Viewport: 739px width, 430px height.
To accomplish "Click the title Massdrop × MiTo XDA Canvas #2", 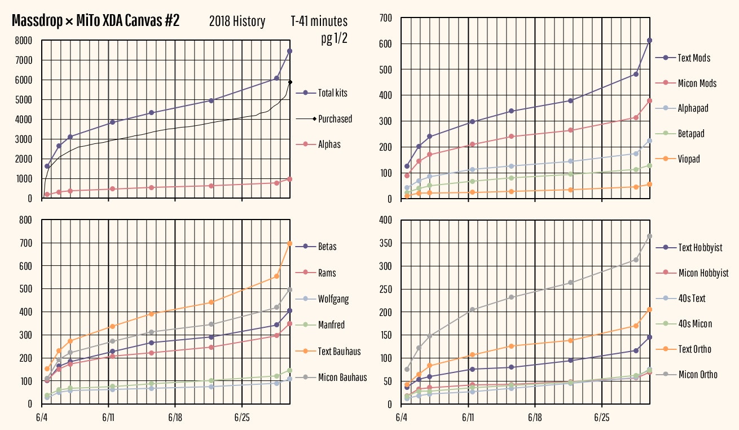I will pos(96,21).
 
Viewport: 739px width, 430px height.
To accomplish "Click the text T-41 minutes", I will pos(319,21).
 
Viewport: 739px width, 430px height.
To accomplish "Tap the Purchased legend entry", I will pos(335,119).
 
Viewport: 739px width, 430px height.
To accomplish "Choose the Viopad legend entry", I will pos(688,159).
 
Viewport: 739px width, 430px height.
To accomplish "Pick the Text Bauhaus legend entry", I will pos(339,352).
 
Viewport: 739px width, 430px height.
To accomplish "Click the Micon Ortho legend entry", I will pos(698,375).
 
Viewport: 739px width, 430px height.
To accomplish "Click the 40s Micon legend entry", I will pos(694,324).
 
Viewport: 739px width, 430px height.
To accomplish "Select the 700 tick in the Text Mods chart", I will pos(385,18).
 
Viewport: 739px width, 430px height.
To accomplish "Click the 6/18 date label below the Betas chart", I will pos(175,419).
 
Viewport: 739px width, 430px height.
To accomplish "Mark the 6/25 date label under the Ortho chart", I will pos(602,419).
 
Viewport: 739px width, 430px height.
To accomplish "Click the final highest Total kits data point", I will pos(289,51).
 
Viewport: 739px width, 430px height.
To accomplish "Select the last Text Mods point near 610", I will pos(649,41).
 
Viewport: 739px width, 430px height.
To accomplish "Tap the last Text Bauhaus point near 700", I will pos(289,244).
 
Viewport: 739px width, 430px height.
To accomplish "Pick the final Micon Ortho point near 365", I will pos(649,236).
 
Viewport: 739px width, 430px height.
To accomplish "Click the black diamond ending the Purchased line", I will pos(290,82).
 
